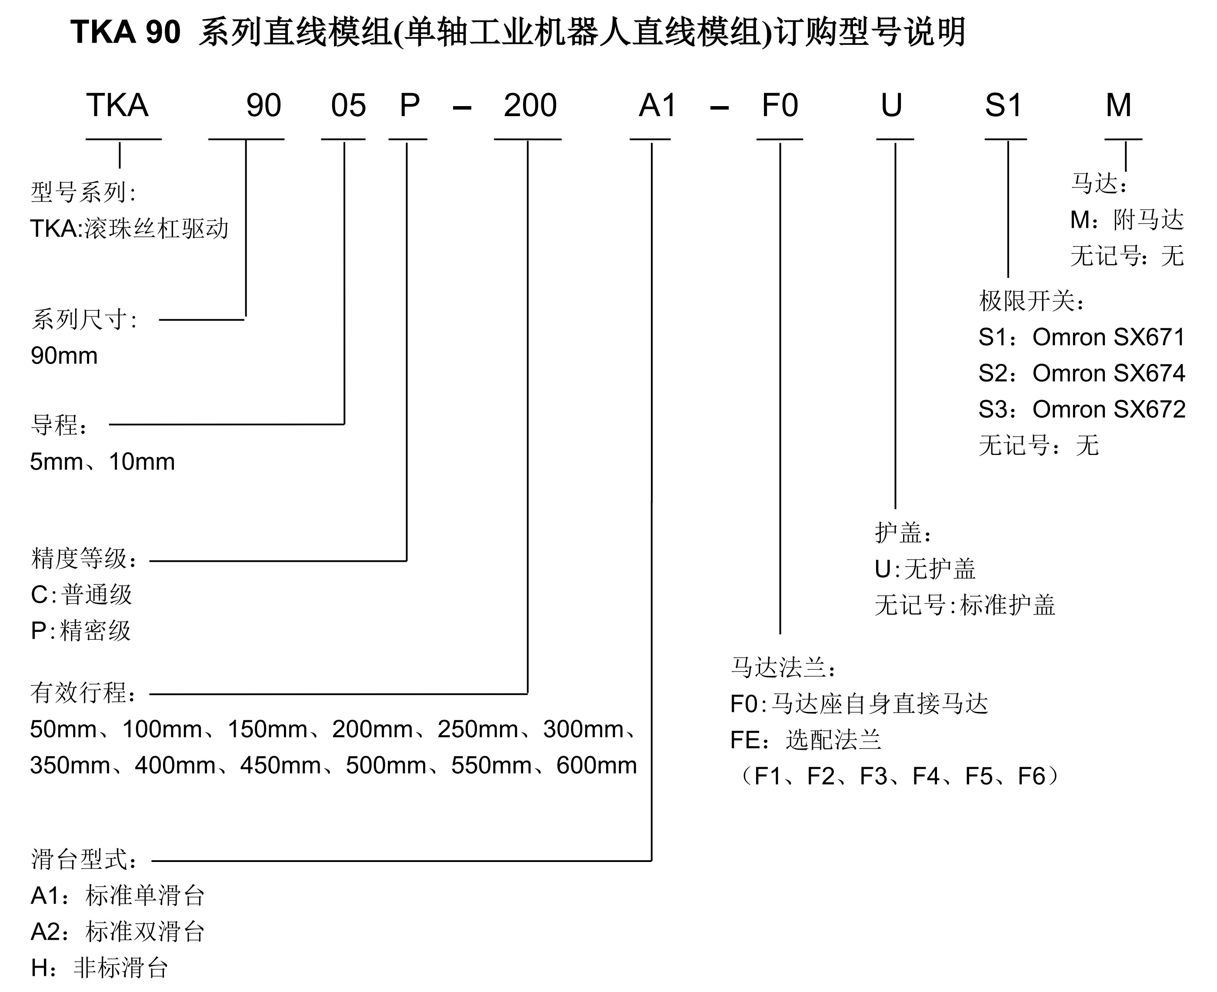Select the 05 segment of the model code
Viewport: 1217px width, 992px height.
(x=348, y=106)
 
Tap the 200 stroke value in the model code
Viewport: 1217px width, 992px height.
(x=530, y=106)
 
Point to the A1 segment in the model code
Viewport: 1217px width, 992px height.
(x=657, y=106)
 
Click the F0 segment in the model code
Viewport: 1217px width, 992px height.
(x=779, y=106)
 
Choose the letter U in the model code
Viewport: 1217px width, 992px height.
(x=891, y=106)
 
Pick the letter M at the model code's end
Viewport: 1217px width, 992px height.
(x=1118, y=106)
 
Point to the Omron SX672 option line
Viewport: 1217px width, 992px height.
(x=1082, y=410)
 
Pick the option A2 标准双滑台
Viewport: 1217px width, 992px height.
(x=117, y=932)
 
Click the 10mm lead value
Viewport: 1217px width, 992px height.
(x=142, y=462)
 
